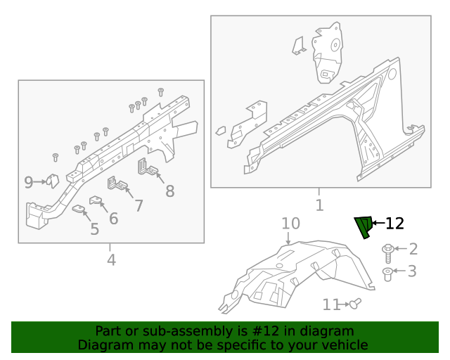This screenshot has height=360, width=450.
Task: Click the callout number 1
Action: pyautogui.click(x=319, y=205)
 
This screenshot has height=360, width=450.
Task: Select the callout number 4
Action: pyautogui.click(x=110, y=260)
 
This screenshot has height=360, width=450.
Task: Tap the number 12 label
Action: pyautogui.click(x=395, y=224)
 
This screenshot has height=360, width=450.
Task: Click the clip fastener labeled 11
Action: pyautogui.click(x=355, y=304)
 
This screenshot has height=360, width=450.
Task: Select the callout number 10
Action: pyautogui.click(x=290, y=224)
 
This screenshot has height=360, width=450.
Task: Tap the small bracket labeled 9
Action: pyautogui.click(x=51, y=181)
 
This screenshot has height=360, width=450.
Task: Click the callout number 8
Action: pyautogui.click(x=169, y=191)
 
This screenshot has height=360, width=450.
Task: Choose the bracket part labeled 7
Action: pyautogui.click(x=117, y=185)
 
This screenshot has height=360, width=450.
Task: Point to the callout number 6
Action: pyautogui.click(x=113, y=218)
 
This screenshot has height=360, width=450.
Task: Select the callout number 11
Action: pyautogui.click(x=331, y=304)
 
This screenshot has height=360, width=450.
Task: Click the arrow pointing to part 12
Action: pyautogui.click(x=378, y=224)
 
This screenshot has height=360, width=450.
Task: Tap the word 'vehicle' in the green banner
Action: pyautogui.click(x=344, y=345)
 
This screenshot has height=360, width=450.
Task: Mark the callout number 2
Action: pyautogui.click(x=413, y=249)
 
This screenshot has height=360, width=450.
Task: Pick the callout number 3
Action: pyautogui.click(x=413, y=271)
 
